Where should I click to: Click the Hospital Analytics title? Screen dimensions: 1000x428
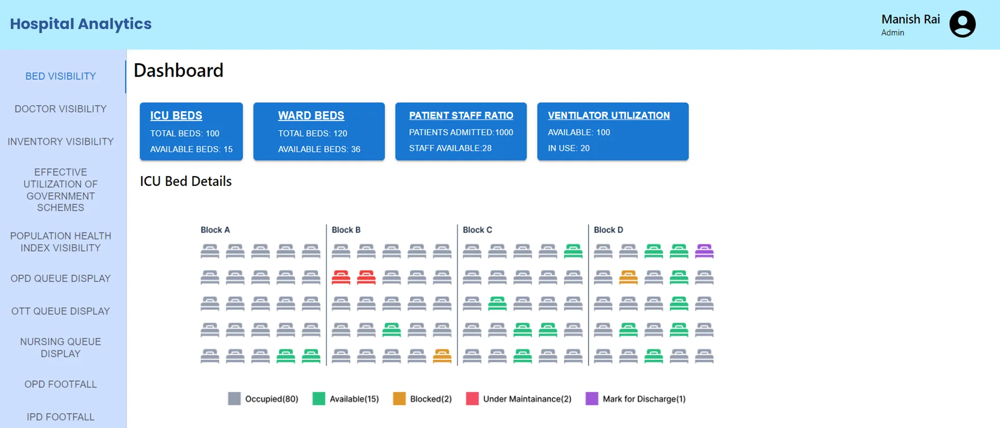81,24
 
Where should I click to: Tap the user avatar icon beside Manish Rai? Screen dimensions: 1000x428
962,24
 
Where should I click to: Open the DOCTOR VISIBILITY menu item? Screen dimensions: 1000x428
61,109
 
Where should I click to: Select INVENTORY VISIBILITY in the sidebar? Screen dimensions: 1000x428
61,141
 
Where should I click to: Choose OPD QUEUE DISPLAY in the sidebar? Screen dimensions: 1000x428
61,278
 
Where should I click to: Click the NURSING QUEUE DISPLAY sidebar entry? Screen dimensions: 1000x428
61,348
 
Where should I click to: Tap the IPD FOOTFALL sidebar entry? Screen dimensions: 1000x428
61,417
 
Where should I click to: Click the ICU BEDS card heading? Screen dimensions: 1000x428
176,116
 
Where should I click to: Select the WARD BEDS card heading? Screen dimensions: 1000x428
311,116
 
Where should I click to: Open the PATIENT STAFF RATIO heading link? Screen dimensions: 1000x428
461,116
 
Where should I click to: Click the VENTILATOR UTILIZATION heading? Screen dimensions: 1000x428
609,116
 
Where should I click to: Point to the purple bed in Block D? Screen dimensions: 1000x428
704,251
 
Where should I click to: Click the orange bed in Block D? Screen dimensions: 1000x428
628,277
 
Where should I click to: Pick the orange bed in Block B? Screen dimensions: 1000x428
442,356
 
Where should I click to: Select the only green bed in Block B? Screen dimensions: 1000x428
392,330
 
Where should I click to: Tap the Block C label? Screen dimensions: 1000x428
477,230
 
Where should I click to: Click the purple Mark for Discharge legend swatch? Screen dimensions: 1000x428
592,398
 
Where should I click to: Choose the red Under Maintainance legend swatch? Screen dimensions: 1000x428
472,398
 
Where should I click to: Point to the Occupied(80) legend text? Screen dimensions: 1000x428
272,399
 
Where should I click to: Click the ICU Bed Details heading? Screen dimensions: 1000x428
185,181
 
